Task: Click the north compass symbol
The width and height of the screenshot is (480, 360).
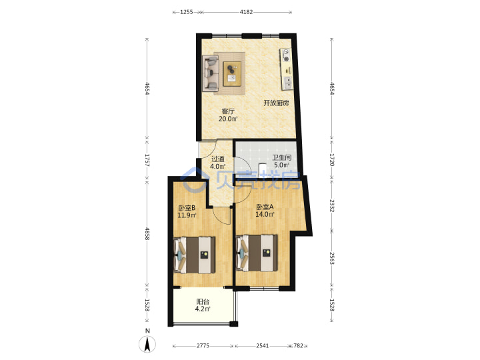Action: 147,343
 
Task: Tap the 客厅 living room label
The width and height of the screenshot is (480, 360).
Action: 228,111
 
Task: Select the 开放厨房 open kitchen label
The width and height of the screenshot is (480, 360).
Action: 276,103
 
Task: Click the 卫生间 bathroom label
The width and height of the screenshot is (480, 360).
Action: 281,157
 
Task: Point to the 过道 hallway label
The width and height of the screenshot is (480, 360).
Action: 217,159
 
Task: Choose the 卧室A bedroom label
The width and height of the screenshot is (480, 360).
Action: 265,207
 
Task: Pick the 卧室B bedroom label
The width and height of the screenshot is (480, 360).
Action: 187,208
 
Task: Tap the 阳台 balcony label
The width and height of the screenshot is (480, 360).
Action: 203,301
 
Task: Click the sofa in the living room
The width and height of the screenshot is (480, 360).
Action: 210,73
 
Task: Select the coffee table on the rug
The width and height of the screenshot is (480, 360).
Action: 232,74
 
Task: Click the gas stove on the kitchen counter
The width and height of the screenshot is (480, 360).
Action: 285,55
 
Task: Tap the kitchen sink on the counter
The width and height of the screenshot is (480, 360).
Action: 288,83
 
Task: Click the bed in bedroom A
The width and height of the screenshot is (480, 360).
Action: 257,253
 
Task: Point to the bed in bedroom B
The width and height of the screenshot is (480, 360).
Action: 195,255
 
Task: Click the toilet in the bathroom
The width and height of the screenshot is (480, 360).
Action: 262,169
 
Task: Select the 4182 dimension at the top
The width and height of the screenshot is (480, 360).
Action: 246,12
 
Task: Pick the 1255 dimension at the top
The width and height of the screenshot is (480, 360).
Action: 187,12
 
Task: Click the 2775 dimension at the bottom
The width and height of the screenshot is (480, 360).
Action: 203,345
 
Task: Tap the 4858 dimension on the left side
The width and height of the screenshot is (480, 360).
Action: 147,233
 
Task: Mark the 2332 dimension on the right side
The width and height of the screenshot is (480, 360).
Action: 332,206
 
